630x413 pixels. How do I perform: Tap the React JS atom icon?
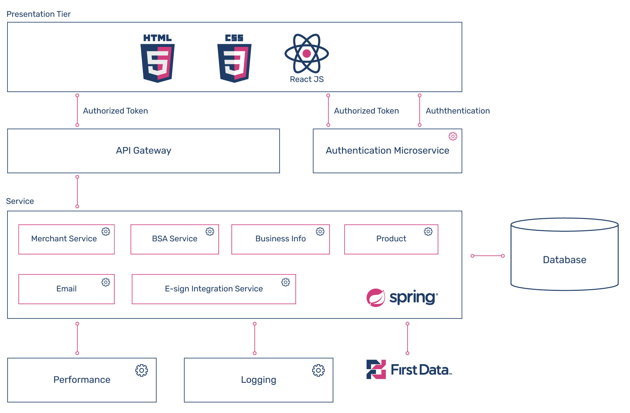point(307,53)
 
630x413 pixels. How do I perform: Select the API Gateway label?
point(144,151)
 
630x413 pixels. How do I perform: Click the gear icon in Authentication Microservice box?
point(453,136)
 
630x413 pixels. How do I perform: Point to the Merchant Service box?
point(66,239)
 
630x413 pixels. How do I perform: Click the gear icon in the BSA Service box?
point(210,231)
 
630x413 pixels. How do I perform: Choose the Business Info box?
point(281,239)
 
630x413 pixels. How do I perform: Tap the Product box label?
point(391,239)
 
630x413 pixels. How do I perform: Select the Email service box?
point(66,289)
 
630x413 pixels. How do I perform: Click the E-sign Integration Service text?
point(214,289)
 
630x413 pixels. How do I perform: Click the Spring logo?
point(402,298)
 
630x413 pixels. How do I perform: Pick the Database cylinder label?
point(564,260)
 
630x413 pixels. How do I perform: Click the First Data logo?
point(409,369)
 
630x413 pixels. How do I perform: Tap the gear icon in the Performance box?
point(142,370)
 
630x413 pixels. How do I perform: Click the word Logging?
point(258,380)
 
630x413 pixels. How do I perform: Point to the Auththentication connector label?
point(458,111)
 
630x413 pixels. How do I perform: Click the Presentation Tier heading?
point(39,14)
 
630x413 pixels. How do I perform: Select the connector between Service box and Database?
point(488,256)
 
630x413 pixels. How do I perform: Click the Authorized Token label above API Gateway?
point(115,111)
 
